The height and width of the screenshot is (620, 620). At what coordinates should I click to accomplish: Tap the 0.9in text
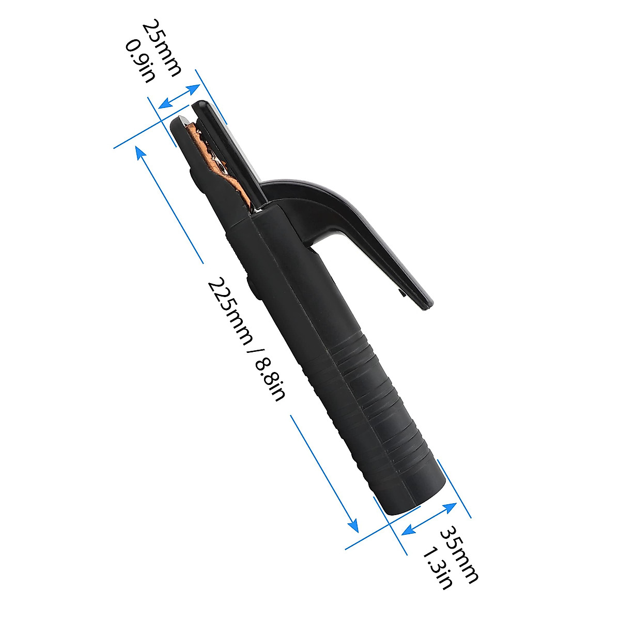pos(140,61)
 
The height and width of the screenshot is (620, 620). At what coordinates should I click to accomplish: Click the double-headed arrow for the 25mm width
pos(179,97)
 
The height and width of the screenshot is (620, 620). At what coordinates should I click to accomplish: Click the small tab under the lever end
pos(401,294)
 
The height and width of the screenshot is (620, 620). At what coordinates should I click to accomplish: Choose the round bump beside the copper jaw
pos(195,179)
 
